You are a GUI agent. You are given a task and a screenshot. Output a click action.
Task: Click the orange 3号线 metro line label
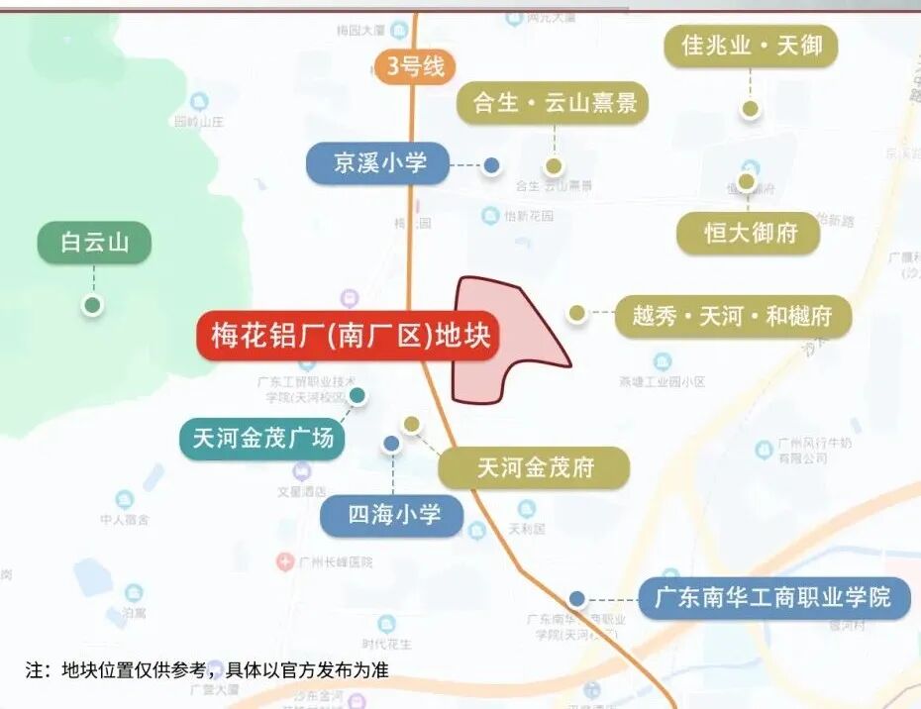pos(415,67)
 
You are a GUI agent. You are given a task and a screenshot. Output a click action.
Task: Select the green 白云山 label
pos(94,243)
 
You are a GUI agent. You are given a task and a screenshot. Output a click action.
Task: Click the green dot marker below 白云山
pos(92,305)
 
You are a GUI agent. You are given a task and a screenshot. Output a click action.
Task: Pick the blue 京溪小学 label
pos(378,162)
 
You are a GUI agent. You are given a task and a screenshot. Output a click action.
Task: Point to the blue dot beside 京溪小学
pos(491,165)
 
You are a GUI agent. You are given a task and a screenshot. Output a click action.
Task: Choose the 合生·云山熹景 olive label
pos(553,103)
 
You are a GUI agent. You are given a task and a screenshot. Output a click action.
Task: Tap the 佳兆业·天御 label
pos(751,46)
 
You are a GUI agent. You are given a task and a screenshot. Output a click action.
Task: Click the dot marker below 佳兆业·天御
pos(751,109)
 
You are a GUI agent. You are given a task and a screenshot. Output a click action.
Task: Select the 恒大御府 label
pos(749,234)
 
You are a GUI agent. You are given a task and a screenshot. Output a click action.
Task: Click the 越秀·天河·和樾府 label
pos(733,317)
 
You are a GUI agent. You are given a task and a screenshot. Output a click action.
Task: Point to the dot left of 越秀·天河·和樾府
pos(576,313)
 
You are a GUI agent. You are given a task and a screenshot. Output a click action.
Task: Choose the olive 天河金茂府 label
pos(534,467)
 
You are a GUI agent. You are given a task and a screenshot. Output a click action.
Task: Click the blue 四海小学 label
pos(392,515)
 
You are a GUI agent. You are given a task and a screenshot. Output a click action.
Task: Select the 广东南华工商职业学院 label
pos(773,598)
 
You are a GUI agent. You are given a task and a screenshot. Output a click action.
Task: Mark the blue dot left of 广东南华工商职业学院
pos(576,598)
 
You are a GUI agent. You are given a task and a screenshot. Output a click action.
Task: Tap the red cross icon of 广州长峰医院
pos(284,561)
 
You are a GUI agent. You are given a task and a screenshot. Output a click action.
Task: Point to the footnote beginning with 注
pos(207,670)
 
